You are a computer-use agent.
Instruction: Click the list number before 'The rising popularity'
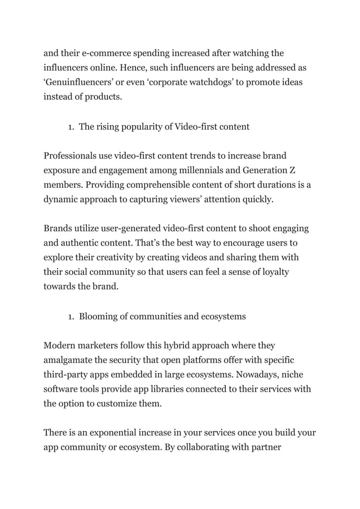pyautogui.click(x=71, y=127)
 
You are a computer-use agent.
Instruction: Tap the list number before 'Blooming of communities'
pyautogui.click(x=71, y=317)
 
